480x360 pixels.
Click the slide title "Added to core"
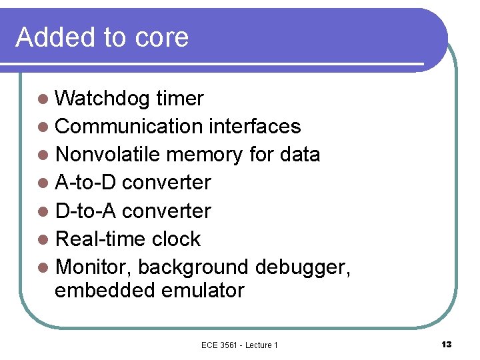[x=102, y=37]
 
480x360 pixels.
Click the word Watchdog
[x=103, y=99]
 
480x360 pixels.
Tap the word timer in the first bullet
[x=179, y=99]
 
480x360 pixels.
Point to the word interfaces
[x=255, y=127]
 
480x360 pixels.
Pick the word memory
[x=204, y=155]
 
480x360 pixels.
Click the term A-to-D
[x=86, y=183]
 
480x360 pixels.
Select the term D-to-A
[x=86, y=211]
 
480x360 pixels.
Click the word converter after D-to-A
[x=167, y=211]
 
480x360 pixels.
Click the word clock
[x=176, y=239]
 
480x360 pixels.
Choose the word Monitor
[x=95, y=267]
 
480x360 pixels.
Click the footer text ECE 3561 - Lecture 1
[x=239, y=345]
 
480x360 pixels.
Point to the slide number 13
[x=446, y=344]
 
